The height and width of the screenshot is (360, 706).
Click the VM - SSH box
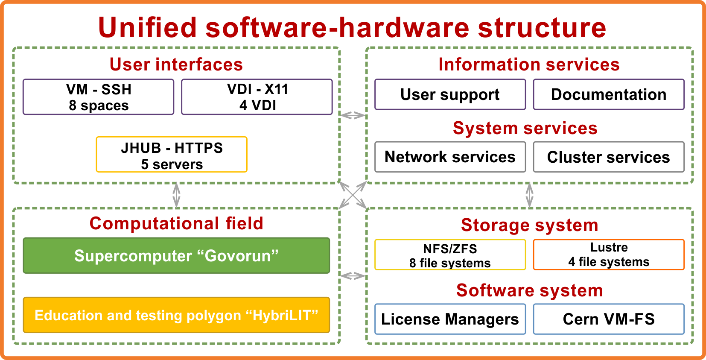tap(98, 97)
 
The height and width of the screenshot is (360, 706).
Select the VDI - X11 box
tap(257, 97)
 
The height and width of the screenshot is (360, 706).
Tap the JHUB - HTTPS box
tap(172, 155)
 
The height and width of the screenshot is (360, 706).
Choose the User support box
tap(450, 94)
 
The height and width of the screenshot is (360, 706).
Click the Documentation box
tap(609, 94)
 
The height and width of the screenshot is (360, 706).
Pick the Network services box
tap(450, 157)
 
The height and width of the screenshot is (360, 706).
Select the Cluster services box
tap(609, 157)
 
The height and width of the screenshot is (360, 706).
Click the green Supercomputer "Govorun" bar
tap(176, 255)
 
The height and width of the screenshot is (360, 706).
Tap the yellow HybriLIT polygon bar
tap(176, 315)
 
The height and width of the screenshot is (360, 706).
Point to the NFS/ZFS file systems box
tap(450, 255)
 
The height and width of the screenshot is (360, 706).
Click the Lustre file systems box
tap(609, 255)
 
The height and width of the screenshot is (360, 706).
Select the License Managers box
tap(450, 319)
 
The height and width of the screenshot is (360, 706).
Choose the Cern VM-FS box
tap(609, 319)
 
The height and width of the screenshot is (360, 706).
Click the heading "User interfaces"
tap(176, 64)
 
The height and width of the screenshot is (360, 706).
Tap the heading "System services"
tap(525, 128)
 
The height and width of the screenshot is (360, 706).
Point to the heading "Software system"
tap(529, 290)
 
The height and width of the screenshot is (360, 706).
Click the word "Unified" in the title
tap(147, 27)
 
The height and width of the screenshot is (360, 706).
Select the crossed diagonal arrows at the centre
tap(353, 195)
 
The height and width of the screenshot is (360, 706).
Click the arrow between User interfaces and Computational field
tap(176, 195)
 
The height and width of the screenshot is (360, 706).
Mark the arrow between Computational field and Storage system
tap(353, 276)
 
